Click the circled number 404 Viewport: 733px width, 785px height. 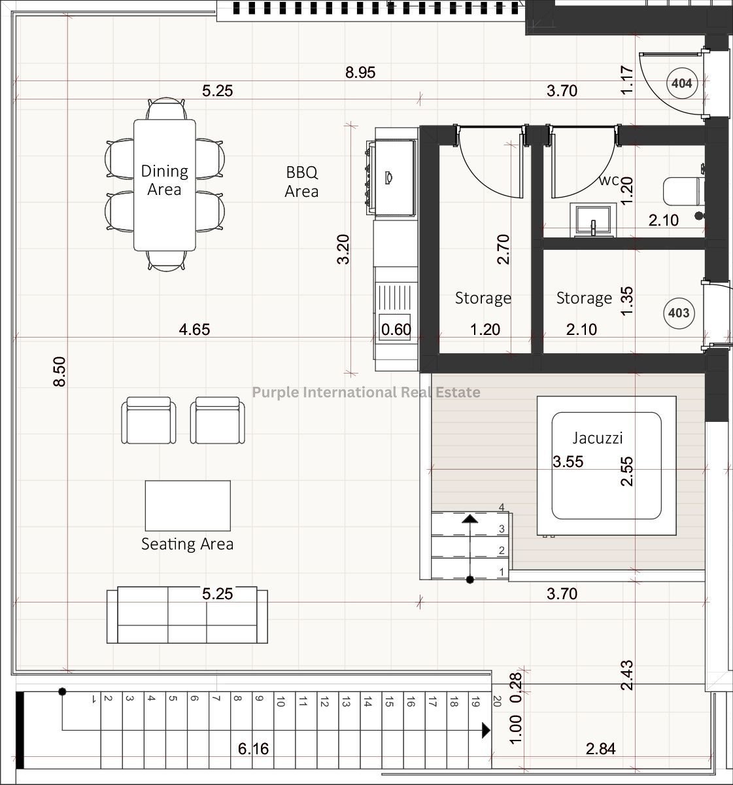pyautogui.click(x=681, y=83)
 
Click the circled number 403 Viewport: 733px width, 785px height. pyautogui.click(x=679, y=313)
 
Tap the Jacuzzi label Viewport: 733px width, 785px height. pyautogui.click(x=598, y=438)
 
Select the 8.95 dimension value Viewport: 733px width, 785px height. pyautogui.click(x=360, y=73)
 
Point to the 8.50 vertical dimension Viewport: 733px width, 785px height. pyautogui.click(x=60, y=372)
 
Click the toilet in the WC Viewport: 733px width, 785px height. pyautogui.click(x=684, y=192)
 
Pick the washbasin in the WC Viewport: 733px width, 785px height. pyautogui.click(x=592, y=220)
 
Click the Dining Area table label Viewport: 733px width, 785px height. pyautogui.click(x=164, y=181)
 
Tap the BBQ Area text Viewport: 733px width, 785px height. pyautogui.click(x=301, y=182)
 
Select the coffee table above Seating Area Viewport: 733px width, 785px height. pyautogui.click(x=188, y=506)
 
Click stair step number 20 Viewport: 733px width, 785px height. pyautogui.click(x=497, y=701)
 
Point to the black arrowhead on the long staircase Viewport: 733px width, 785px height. pyautogui.click(x=486, y=730)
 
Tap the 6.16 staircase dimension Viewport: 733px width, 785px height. pyautogui.click(x=253, y=748)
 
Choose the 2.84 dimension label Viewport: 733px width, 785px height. pyautogui.click(x=601, y=748)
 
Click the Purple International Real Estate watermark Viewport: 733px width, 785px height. pyautogui.click(x=366, y=392)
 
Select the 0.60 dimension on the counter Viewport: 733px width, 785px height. pyautogui.click(x=396, y=329)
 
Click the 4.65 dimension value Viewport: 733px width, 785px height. pyautogui.click(x=194, y=329)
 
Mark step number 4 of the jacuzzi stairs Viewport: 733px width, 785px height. pyautogui.click(x=502, y=507)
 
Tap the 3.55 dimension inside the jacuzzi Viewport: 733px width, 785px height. pyautogui.click(x=568, y=461)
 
